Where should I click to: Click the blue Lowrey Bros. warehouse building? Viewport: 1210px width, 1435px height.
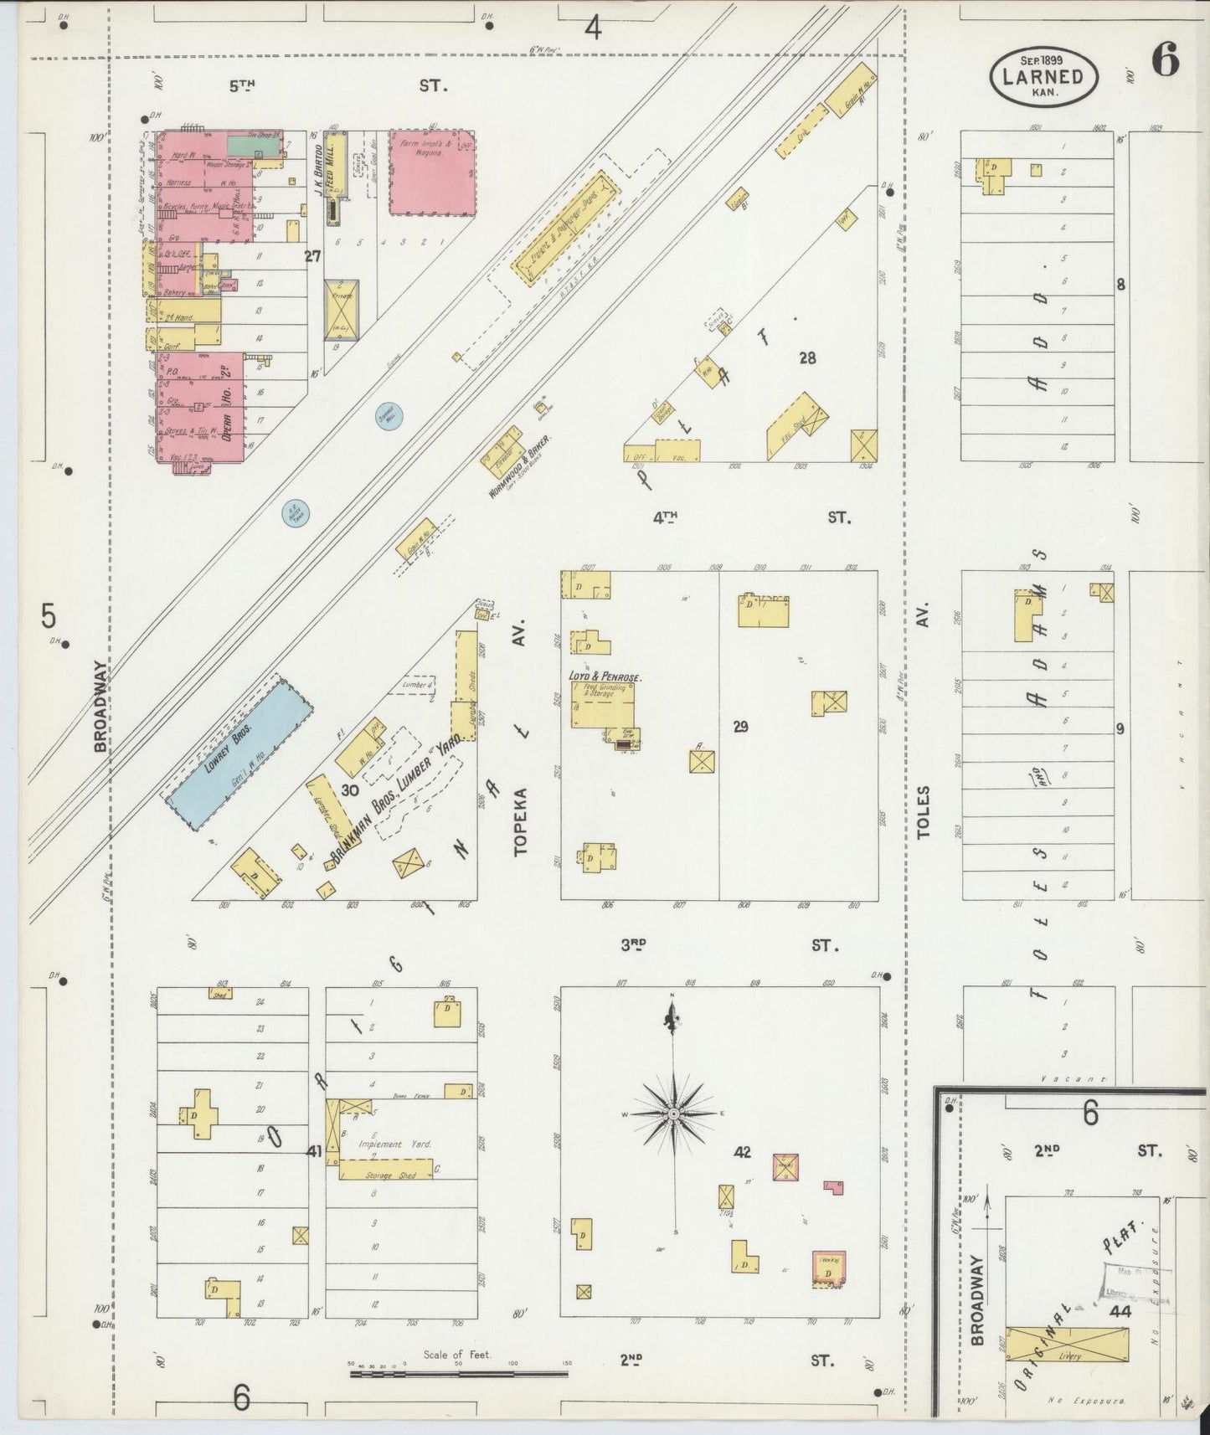240,754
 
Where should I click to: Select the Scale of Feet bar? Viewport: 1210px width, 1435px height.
458,1372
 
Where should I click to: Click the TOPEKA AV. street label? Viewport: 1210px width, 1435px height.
521,820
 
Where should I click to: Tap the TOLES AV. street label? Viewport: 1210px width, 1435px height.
924,812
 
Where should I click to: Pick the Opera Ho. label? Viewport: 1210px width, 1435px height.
225,402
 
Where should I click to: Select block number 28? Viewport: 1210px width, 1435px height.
807,357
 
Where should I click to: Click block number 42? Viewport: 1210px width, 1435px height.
742,1152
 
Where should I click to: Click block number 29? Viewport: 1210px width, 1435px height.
740,727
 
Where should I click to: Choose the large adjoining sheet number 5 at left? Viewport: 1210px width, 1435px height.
49,616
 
